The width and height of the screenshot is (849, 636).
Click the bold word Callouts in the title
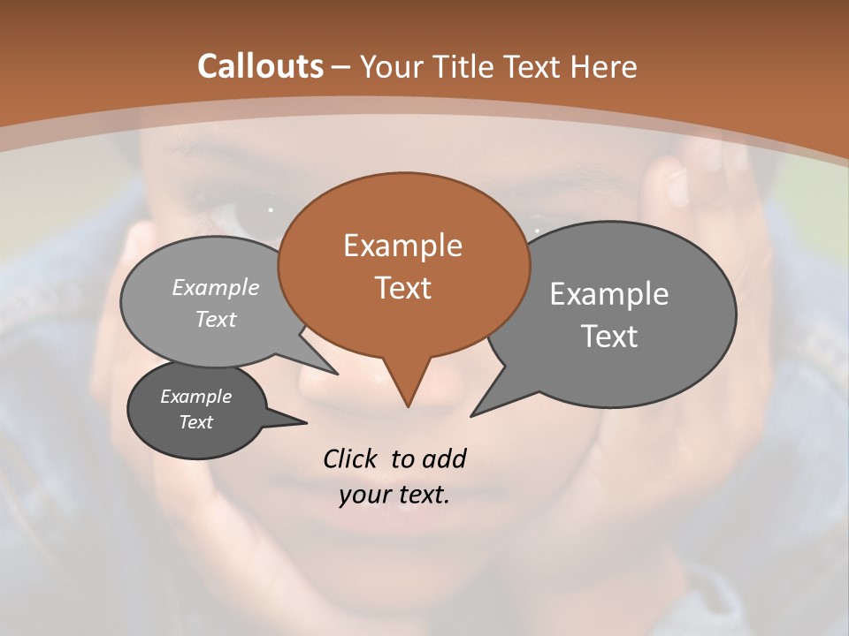point(260,66)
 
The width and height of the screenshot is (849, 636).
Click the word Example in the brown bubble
point(402,246)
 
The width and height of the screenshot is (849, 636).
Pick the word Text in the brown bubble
point(402,287)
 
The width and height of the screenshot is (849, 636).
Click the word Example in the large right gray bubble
point(609,294)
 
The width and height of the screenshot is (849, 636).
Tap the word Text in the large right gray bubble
point(609,336)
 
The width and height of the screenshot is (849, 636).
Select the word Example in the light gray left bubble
point(216,287)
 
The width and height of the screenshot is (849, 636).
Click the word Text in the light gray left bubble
point(216,319)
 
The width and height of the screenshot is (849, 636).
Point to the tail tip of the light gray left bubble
point(336,373)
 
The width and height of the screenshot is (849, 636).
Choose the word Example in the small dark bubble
point(195,397)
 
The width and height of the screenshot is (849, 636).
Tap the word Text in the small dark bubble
point(195,422)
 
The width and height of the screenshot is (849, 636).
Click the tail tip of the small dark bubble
point(306,422)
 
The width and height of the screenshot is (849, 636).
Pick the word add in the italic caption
point(443,458)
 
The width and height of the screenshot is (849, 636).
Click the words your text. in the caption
point(394,496)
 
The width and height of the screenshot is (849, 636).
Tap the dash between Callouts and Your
point(341,67)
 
